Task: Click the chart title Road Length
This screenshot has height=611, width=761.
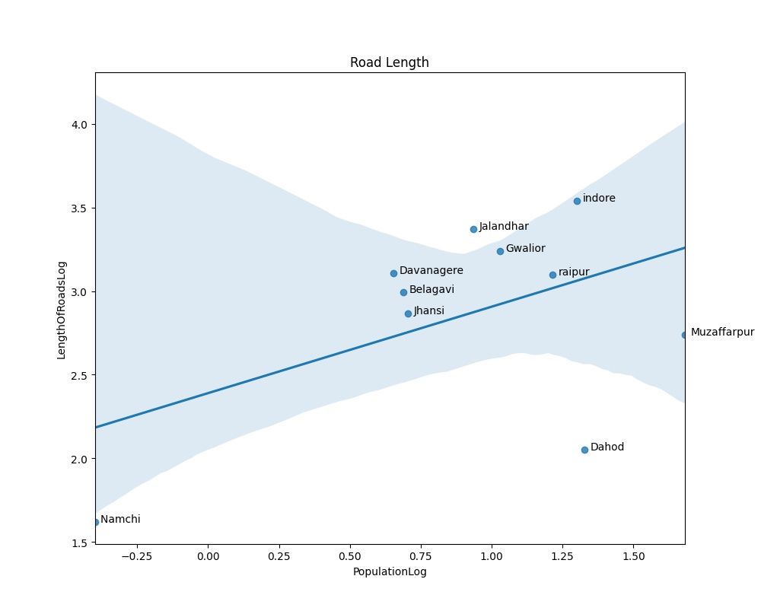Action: click(389, 62)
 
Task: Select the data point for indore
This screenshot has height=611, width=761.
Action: click(577, 201)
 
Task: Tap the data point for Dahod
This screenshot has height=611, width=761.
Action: click(584, 450)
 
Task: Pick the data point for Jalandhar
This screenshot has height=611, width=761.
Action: click(473, 229)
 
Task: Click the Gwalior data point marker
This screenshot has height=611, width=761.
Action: click(500, 251)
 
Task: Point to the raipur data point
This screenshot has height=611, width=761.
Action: click(552, 275)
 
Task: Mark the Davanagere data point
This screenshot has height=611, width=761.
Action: click(393, 273)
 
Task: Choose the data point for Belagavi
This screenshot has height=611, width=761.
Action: click(403, 292)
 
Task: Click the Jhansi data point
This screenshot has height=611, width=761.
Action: click(408, 313)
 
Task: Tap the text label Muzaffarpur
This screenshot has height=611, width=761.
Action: click(722, 333)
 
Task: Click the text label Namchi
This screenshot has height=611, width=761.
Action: click(120, 520)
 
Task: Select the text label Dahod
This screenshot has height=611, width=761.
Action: click(607, 447)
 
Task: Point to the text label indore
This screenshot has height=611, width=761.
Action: click(599, 199)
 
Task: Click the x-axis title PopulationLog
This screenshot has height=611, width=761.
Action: click(390, 572)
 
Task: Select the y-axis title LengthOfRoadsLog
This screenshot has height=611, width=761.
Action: click(62, 310)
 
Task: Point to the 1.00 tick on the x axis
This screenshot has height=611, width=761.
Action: click(492, 556)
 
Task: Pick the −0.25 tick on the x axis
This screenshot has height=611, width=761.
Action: click(137, 556)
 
